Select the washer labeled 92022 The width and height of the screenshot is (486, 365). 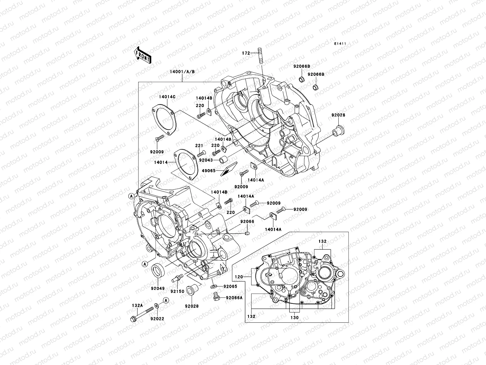tap(156, 314)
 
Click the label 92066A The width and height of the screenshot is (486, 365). tap(234, 298)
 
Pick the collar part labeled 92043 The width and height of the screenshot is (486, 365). tap(224, 160)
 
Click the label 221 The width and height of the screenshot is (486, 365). tap(199, 145)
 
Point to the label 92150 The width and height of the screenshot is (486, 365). tap(177, 291)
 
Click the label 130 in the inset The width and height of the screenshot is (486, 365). tap(294, 317)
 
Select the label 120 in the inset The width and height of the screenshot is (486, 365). tap(239, 277)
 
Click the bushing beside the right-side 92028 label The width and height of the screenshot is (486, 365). tap(337, 130)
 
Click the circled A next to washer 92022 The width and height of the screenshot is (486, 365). tap(166, 300)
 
